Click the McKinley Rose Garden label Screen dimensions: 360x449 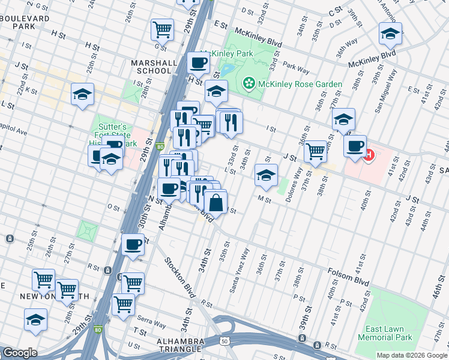point(300,84)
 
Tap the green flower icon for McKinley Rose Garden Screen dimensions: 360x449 point(247,83)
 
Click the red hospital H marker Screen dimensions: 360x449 point(369,155)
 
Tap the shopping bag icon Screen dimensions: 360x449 point(215,203)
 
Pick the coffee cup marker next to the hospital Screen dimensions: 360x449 point(355,145)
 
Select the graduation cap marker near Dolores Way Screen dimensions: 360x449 point(266,175)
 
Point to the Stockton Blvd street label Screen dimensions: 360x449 point(181,278)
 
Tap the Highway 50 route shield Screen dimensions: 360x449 point(224,341)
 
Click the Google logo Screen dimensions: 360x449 point(19,353)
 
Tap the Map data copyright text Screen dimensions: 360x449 point(412,355)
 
